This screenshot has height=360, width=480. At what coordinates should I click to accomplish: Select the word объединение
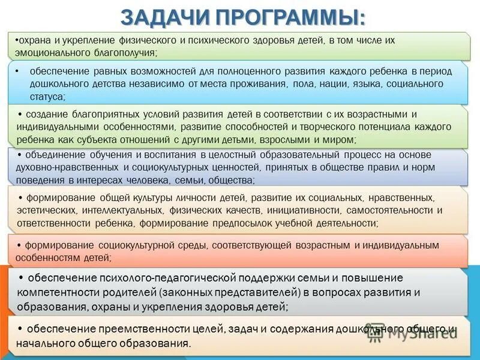click(x=55, y=155)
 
